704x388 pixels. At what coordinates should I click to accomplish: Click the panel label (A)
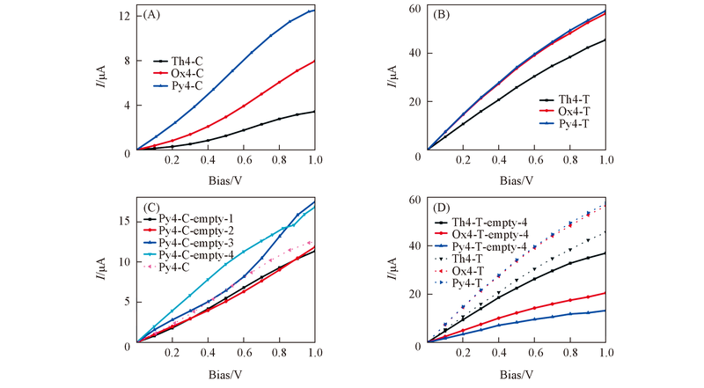click(x=152, y=15)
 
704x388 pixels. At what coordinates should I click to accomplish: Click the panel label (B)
click(x=441, y=15)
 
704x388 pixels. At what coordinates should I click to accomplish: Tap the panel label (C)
click(x=151, y=208)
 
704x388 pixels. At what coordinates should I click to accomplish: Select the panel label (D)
click(x=442, y=209)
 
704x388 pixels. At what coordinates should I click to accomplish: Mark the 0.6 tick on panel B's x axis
click(x=533, y=160)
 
